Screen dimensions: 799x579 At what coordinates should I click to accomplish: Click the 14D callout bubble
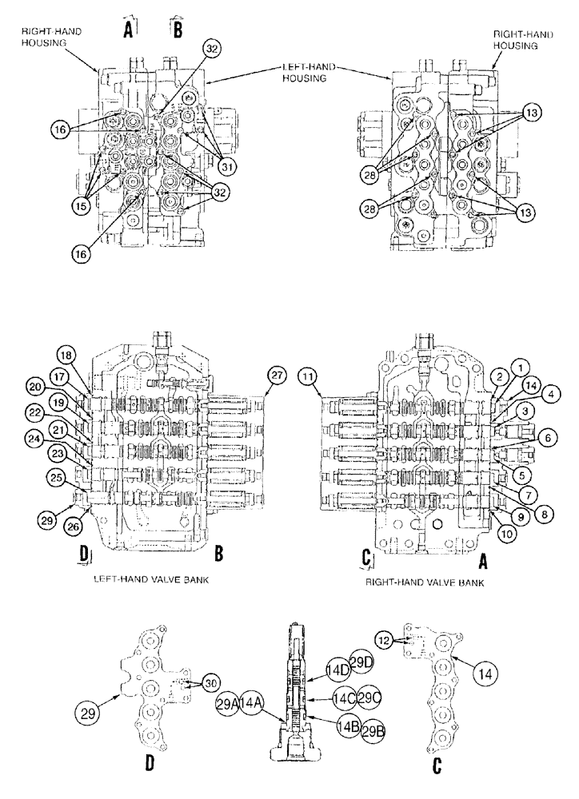tap(337, 669)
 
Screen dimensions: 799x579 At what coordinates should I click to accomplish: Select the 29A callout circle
tap(226, 703)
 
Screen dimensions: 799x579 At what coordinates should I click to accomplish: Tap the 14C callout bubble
tap(345, 696)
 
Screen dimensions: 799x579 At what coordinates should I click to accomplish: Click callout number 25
tap(55, 477)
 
